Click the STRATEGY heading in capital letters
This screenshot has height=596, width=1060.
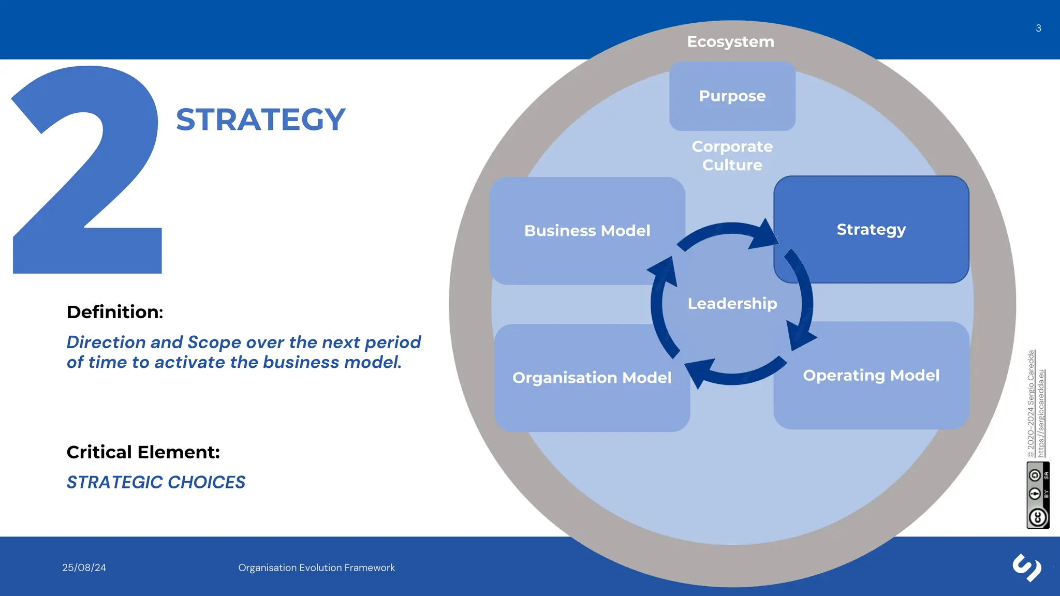pyautogui.click(x=260, y=120)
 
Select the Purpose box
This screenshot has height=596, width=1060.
pyautogui.click(x=732, y=96)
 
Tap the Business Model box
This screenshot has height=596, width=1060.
pyautogui.click(x=587, y=231)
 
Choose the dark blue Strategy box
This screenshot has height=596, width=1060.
pyautogui.click(x=871, y=230)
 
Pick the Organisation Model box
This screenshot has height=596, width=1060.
pyautogui.click(x=592, y=378)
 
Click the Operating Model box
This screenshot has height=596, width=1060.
pyautogui.click(x=871, y=376)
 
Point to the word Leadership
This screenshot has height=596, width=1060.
pyautogui.click(x=732, y=304)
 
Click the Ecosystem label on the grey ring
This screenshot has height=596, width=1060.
pyautogui.click(x=730, y=42)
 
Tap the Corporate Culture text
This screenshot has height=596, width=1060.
pyautogui.click(x=732, y=156)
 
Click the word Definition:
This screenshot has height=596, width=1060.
pyautogui.click(x=115, y=312)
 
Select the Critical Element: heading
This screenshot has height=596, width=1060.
pyautogui.click(x=143, y=452)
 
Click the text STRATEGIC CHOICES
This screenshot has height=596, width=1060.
pyautogui.click(x=156, y=482)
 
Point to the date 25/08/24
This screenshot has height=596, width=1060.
pyautogui.click(x=84, y=568)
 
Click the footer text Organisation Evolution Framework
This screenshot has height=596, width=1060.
pyautogui.click(x=316, y=568)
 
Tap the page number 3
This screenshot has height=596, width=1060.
pyautogui.click(x=1038, y=28)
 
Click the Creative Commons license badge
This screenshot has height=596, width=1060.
pyautogui.click(x=1038, y=495)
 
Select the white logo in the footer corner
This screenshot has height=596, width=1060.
pyautogui.click(x=1027, y=568)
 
